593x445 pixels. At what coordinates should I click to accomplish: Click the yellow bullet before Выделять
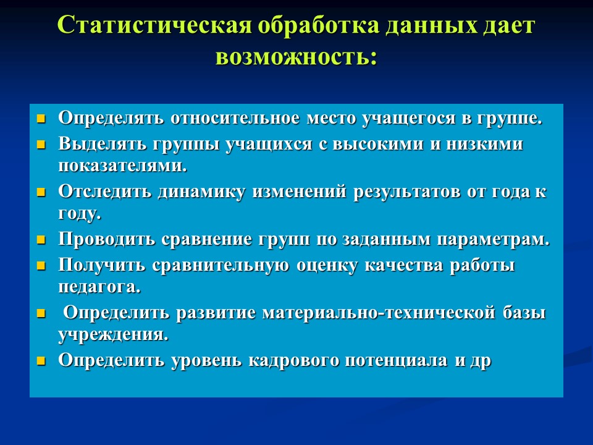click(41, 145)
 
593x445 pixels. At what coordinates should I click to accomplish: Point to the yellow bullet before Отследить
click(41, 192)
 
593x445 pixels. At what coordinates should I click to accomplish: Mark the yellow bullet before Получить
click(41, 266)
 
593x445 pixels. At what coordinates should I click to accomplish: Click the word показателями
click(122, 166)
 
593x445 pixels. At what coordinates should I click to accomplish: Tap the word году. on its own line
click(80, 213)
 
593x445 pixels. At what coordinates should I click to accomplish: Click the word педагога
click(99, 287)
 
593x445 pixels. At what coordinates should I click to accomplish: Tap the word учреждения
click(113, 335)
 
